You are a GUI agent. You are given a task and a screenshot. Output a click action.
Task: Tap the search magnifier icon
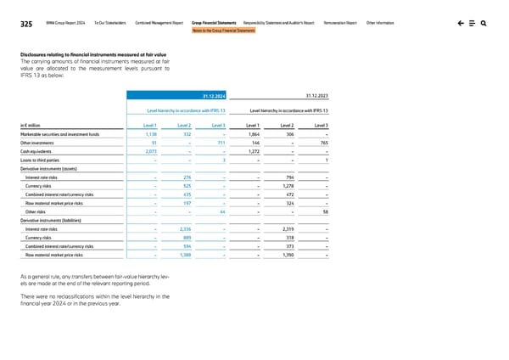point(483,24)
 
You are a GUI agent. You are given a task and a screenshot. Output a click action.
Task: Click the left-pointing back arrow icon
point(459,24)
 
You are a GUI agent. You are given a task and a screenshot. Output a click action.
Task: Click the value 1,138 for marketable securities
point(151,134)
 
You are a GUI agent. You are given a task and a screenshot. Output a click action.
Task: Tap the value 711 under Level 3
point(221,143)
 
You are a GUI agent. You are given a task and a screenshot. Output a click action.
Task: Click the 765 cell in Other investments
point(324,143)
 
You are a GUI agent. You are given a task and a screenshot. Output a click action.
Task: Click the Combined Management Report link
point(159,24)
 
